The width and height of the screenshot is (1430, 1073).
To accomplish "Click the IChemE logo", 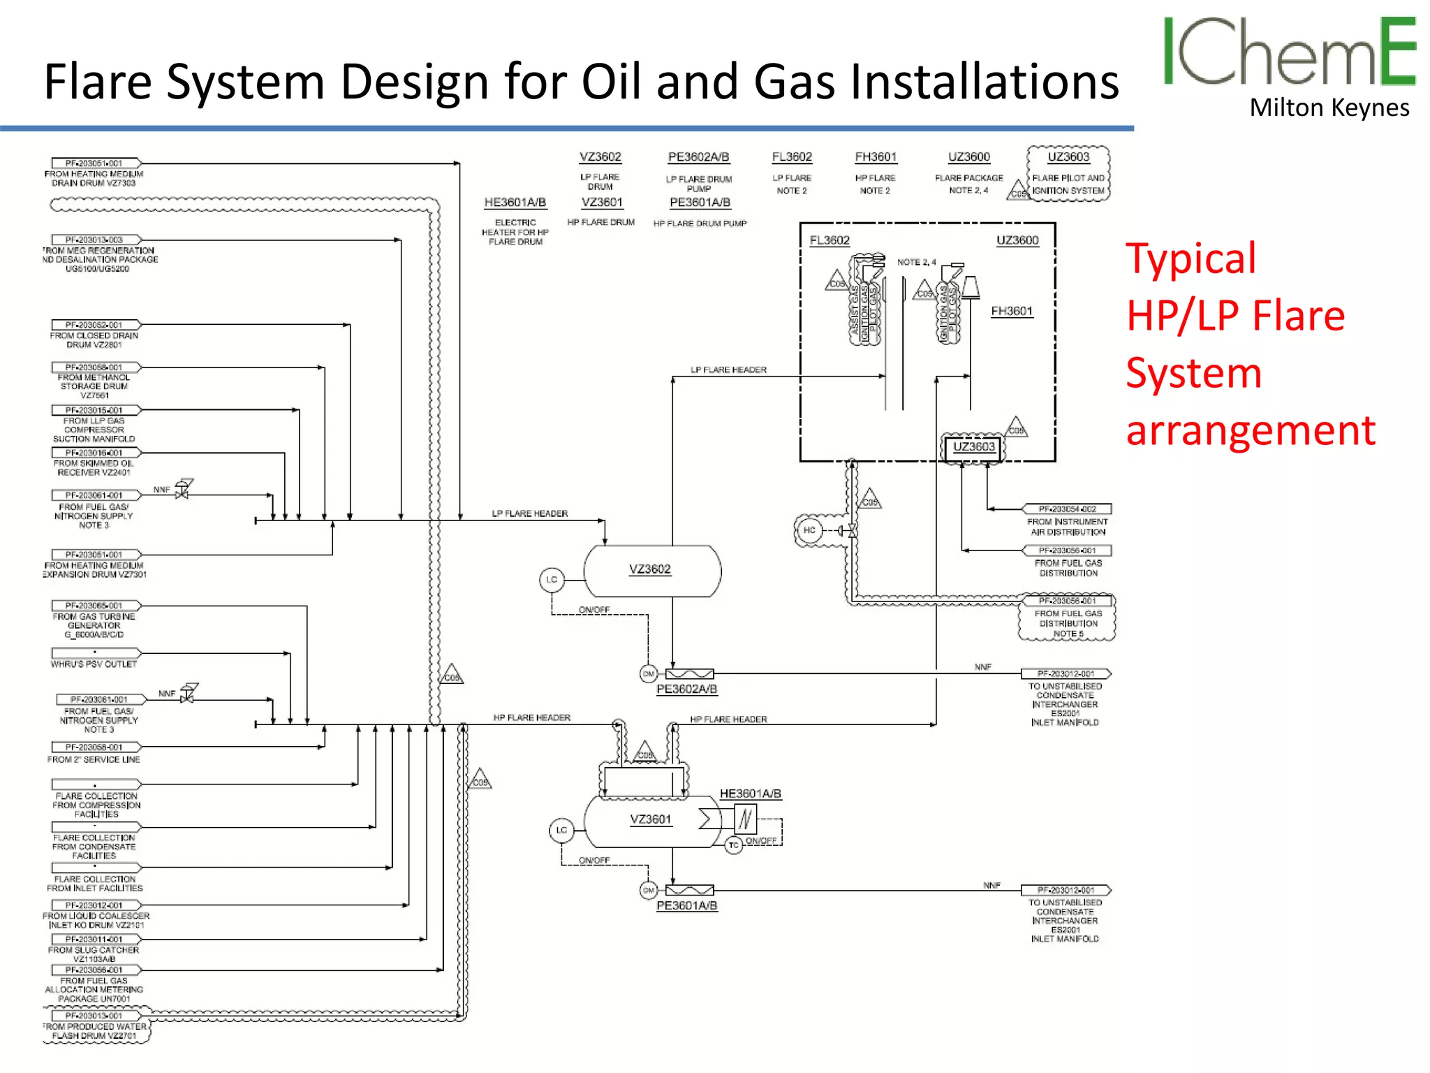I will click(1289, 52).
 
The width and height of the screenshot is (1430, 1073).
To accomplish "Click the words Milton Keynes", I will click(1329, 108).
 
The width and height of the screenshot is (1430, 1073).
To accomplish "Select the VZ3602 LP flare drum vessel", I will click(651, 571).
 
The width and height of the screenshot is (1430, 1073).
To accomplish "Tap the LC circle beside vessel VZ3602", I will click(552, 580).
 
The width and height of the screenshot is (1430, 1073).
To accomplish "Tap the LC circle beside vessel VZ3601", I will click(561, 830).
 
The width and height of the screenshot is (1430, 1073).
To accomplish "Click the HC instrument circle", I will click(809, 530).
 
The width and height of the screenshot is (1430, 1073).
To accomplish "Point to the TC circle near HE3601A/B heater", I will click(733, 845).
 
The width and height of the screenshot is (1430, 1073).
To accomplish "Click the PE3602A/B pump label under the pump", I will click(686, 689).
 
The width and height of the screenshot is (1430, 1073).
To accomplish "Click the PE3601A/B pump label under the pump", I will click(686, 906).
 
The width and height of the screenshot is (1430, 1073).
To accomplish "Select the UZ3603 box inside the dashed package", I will click(973, 447).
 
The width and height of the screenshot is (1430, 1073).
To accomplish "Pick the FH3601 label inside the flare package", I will click(1011, 311).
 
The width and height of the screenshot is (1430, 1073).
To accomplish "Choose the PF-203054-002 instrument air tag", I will click(1066, 509).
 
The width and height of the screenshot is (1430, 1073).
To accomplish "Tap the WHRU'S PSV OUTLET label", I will click(94, 664).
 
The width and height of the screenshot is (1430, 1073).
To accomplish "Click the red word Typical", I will click(1191, 258).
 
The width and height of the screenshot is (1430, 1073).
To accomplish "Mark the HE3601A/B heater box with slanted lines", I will click(745, 819).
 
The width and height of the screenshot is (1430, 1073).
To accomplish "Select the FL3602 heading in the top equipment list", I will click(792, 157).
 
